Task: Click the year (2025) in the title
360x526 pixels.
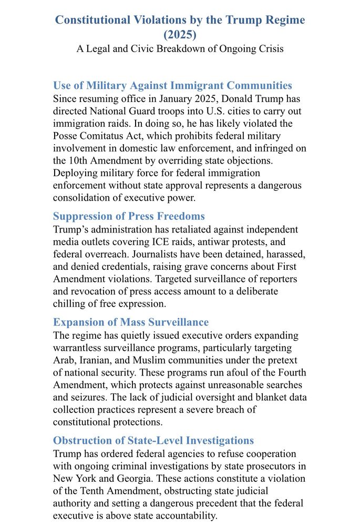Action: pyautogui.click(x=180, y=35)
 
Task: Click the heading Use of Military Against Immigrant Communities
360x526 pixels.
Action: pyautogui.click(x=172, y=85)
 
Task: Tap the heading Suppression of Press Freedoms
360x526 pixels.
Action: pyautogui.click(x=129, y=216)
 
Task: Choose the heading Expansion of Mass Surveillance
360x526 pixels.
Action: pyautogui.click(x=131, y=322)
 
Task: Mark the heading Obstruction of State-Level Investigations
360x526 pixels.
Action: pyautogui.click(x=153, y=440)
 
